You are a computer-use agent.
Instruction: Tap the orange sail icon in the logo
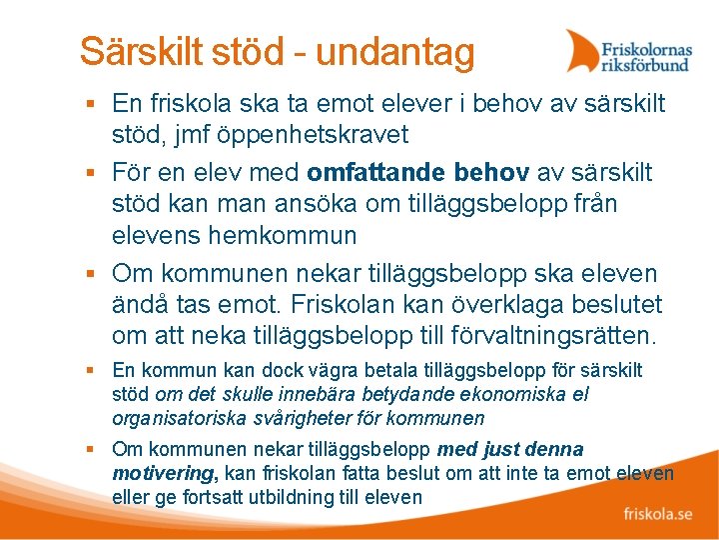582,50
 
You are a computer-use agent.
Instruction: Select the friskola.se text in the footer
658,515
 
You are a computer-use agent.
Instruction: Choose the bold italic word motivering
160,474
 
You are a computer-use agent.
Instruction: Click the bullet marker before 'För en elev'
90,173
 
